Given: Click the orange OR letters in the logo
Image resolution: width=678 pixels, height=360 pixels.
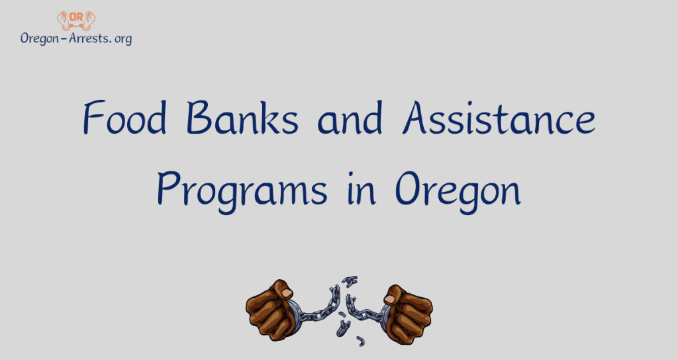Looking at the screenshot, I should pos(76,16).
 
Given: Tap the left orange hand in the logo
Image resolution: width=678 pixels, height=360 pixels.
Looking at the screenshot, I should pos(63,20).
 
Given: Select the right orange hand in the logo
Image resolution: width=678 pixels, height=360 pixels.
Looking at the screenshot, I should pos(89,20).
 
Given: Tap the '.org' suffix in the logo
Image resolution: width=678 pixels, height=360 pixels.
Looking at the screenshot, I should pos(120,38).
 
